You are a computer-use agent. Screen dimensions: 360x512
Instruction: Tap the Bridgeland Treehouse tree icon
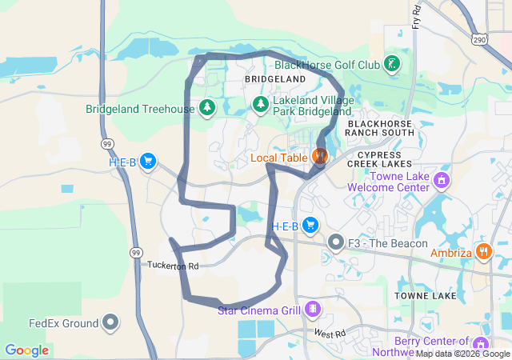tap(207, 108)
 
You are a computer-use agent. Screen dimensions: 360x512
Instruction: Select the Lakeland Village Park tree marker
tap(260, 104)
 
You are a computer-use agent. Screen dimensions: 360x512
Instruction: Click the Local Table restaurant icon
tap(320, 157)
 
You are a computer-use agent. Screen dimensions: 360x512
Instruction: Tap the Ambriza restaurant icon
tap(484, 251)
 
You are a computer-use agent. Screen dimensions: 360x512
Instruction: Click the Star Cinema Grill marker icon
tap(312, 309)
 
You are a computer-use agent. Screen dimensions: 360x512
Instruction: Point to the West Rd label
tap(329, 333)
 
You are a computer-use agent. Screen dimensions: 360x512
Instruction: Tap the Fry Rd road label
tap(417, 15)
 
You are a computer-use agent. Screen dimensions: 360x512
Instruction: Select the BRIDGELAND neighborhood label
tap(275, 80)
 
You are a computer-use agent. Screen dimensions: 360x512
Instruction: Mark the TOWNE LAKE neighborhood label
tap(426, 296)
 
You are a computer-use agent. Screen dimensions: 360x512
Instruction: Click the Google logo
tap(26, 350)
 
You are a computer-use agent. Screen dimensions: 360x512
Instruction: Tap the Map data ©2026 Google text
tap(462, 354)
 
